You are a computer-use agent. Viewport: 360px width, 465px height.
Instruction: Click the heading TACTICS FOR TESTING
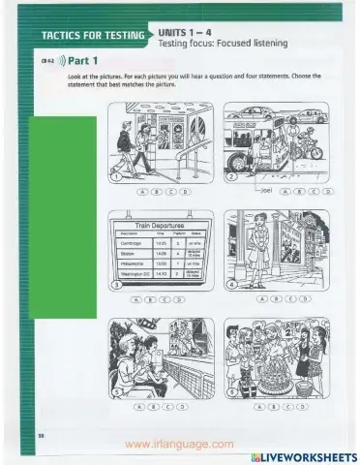pyautogui.click(x=92, y=37)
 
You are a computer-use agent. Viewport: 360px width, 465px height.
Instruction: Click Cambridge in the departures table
pyautogui.click(x=128, y=243)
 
